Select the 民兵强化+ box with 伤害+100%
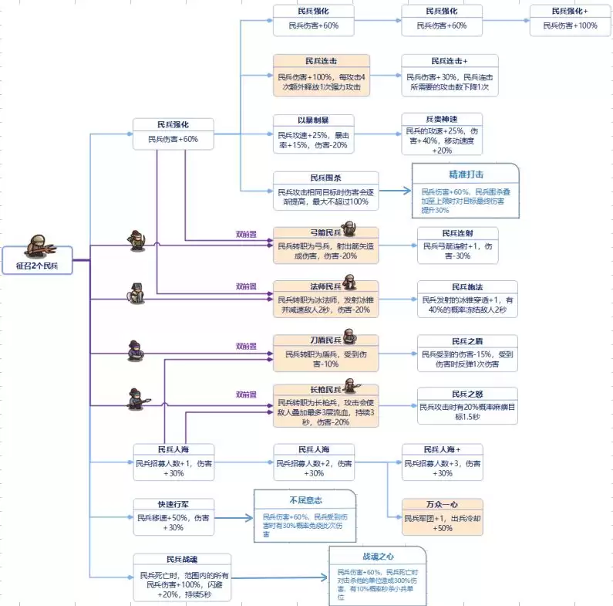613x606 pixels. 570,19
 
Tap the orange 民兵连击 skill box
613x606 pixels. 321,75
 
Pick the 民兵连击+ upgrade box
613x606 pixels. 450,75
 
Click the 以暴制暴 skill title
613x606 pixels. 313,120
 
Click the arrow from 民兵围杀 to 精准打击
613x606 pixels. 395,191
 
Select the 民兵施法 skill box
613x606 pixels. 467,298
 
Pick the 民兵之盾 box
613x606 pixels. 467,353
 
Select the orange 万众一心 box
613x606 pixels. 442,516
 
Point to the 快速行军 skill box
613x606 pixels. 173,516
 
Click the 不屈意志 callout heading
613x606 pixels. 305,500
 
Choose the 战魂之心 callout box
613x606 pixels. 377,574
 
